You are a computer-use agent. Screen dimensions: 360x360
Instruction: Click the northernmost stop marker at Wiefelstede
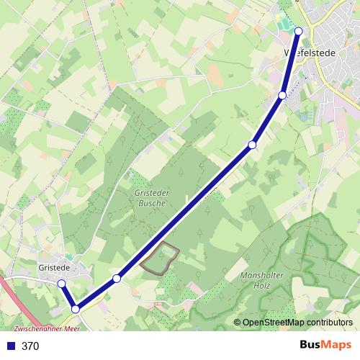click(x=298, y=31)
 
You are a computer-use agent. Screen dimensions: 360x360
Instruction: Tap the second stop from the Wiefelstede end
click(x=283, y=95)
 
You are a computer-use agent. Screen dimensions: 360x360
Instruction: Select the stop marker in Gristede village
click(x=61, y=284)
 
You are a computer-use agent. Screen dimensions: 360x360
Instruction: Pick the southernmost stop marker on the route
click(x=75, y=310)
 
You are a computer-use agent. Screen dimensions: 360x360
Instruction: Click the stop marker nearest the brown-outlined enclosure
click(x=117, y=278)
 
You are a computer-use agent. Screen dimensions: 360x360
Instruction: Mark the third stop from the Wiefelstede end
click(x=252, y=145)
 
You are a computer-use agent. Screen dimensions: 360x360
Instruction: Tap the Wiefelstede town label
click(x=317, y=53)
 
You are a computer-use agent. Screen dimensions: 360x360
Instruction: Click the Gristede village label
click(x=53, y=268)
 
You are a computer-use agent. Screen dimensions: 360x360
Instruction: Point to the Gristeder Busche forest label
click(x=150, y=198)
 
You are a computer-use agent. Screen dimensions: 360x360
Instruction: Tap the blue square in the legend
click(x=11, y=346)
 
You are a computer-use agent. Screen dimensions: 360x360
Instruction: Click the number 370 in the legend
click(x=30, y=346)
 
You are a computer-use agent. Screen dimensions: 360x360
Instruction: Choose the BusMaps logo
click(x=323, y=346)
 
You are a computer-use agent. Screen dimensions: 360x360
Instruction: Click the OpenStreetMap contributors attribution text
click(x=297, y=323)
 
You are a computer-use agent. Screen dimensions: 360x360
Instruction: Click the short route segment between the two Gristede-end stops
click(x=68, y=297)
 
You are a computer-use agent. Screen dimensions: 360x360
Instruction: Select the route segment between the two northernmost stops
click(x=291, y=63)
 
